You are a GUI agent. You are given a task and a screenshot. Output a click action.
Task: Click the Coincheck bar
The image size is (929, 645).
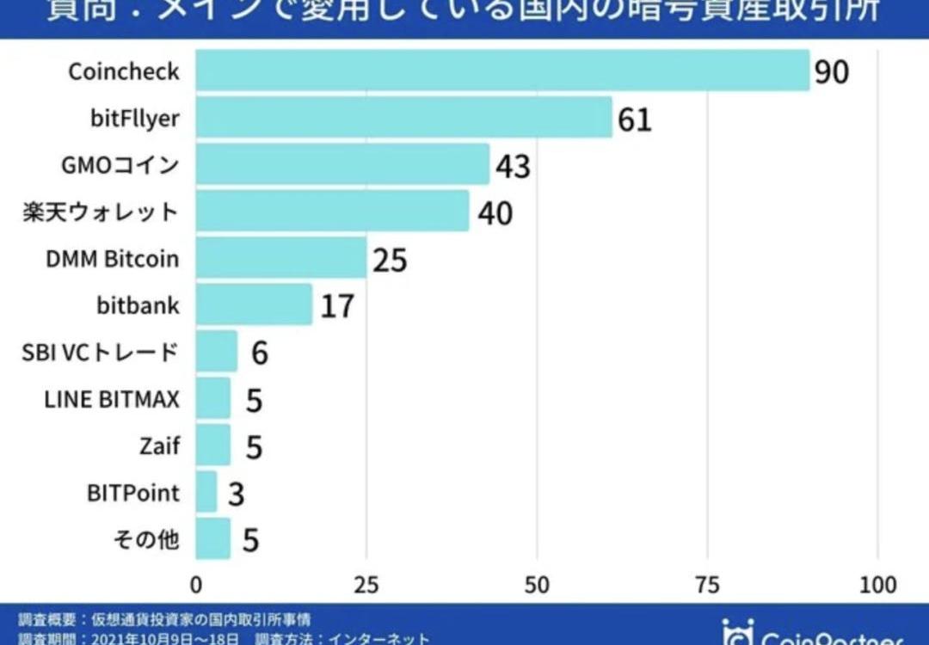(502, 71)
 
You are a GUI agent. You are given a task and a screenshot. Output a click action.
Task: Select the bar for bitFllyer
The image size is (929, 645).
(404, 118)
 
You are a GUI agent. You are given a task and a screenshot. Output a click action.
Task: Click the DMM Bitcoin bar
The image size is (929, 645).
(281, 258)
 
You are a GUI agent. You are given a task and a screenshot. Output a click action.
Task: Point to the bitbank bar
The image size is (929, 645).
(254, 304)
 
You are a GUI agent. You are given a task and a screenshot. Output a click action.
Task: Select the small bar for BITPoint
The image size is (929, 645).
(206, 492)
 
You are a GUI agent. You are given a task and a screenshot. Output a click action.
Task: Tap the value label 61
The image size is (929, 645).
(635, 120)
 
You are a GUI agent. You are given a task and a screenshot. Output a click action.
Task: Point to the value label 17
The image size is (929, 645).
(337, 306)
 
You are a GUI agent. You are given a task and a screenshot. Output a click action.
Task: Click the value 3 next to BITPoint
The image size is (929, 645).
(236, 494)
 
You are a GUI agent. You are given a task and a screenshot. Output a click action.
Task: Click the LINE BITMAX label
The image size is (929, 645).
(112, 399)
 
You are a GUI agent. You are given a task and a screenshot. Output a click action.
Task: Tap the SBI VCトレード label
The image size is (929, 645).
(101, 352)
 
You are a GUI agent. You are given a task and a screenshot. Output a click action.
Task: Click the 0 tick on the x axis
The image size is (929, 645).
(196, 586)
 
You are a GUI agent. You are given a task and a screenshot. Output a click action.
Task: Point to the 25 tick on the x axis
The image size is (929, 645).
(366, 586)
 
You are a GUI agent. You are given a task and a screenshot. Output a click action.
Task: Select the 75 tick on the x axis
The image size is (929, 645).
(707, 586)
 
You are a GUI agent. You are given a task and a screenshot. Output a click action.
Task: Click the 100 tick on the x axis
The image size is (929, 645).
(877, 586)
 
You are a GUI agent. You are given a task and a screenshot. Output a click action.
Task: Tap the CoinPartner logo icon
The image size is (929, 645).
(737, 634)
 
